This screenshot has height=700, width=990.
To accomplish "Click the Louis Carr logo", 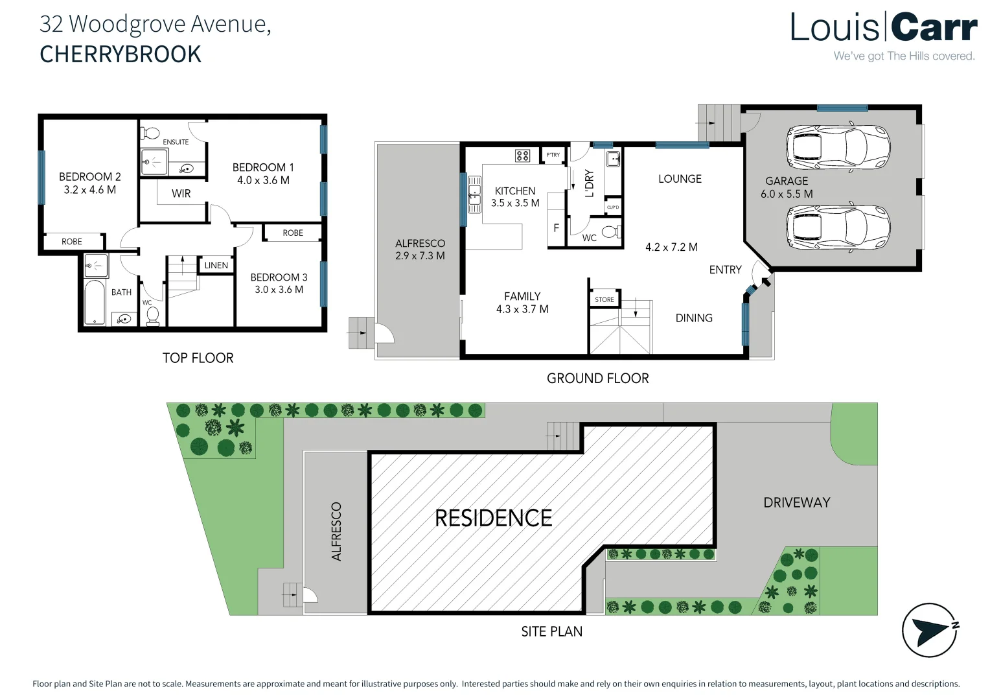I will click(x=883, y=29).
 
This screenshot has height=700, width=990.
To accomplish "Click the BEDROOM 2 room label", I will click(x=89, y=177).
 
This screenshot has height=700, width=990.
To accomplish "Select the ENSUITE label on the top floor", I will click(x=176, y=142).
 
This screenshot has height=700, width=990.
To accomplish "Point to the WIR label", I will click(x=181, y=193).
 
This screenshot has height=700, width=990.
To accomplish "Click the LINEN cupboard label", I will click(x=216, y=265).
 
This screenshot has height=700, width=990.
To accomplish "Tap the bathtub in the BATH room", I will click(x=95, y=302).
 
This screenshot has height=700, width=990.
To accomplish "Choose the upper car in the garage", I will click(x=838, y=146).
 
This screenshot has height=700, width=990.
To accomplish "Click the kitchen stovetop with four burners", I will click(x=522, y=156).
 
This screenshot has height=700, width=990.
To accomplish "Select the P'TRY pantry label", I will click(x=553, y=155).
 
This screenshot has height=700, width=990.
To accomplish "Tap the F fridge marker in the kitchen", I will click(x=556, y=228).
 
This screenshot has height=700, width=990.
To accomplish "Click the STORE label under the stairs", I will click(x=604, y=299).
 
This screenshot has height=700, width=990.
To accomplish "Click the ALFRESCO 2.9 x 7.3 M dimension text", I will click(x=420, y=256).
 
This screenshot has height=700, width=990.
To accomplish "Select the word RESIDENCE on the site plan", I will click(x=493, y=518).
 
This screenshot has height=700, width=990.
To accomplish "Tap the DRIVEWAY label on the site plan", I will click(x=796, y=502).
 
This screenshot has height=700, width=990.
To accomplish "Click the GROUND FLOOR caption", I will click(x=597, y=379).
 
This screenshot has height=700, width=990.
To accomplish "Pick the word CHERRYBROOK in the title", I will click(x=121, y=54).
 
